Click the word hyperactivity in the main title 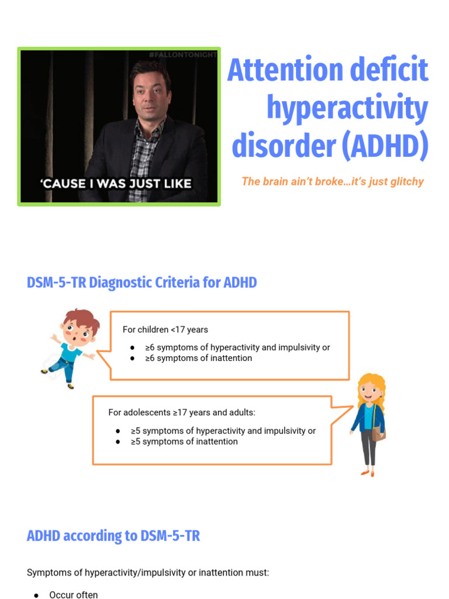coord(347,108)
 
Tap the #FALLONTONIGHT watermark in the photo coord(182,54)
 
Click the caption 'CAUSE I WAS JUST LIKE coord(115,183)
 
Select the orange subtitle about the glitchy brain coord(332,181)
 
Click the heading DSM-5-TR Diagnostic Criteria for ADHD coord(141,283)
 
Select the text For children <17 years coord(165,329)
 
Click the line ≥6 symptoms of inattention coord(198,358)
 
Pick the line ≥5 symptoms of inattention coord(184,442)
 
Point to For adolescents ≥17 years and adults coord(182,412)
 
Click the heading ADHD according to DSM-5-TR coord(113,536)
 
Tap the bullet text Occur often coord(74,594)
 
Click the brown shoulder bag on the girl coord(378,433)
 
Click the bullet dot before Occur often coord(36,595)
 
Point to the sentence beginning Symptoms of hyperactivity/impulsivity coord(148,573)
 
